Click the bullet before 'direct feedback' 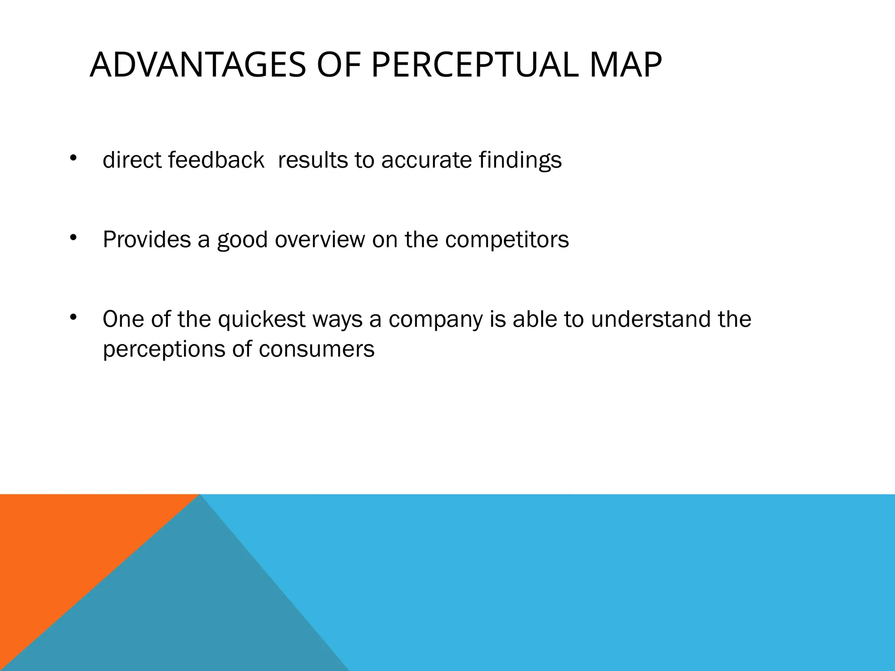pos(73,158)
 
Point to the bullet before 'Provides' pos(73,238)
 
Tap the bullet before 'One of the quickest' pos(73,317)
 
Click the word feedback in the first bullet pos(216,160)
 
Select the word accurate pos(426,160)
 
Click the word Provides pos(147,239)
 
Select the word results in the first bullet pos(312,160)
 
